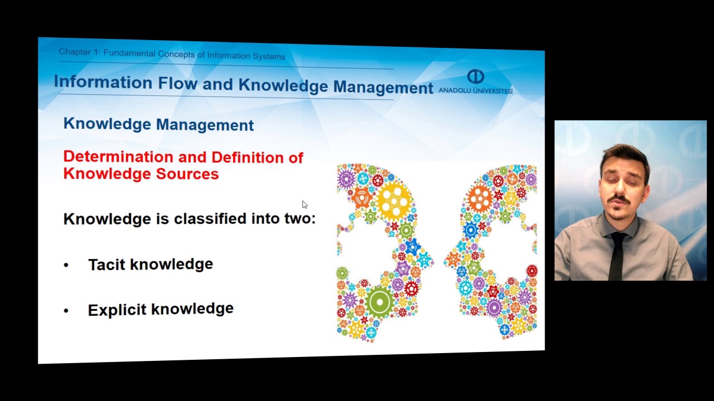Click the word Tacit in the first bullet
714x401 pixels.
coord(107,264)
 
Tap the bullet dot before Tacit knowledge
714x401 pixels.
coord(66,266)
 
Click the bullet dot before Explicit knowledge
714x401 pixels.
coord(66,311)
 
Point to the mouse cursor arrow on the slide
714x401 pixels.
coord(304,204)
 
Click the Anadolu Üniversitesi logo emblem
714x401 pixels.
coord(475,76)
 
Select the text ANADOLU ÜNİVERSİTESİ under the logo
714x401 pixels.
coord(475,90)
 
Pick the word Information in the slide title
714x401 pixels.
coord(103,82)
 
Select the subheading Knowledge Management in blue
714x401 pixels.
coord(158,124)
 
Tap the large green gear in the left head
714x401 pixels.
coord(380,302)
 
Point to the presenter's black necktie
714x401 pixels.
coord(617,256)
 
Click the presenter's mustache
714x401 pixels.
coord(619,199)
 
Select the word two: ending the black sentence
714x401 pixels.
coord(300,218)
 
